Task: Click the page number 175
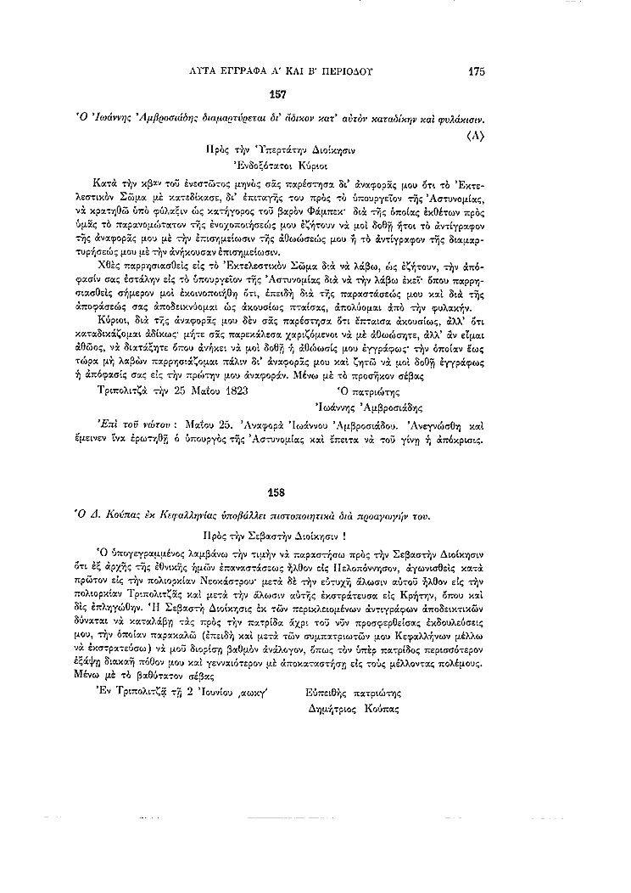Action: (x=476, y=72)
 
